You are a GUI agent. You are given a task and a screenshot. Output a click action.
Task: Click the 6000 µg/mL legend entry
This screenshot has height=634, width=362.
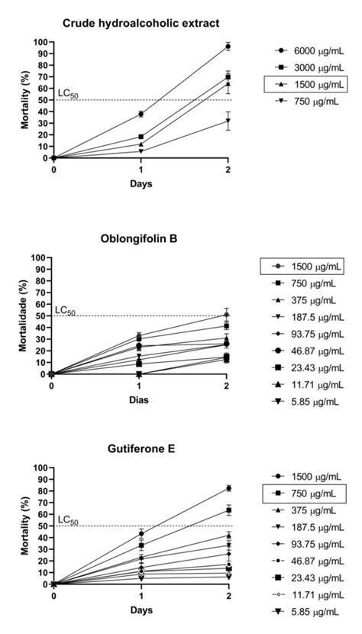tap(308, 51)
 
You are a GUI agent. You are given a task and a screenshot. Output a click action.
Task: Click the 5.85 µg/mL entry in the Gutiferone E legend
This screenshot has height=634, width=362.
tap(307, 611)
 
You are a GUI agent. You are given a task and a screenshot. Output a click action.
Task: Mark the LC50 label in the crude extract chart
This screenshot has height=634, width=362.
tap(66, 95)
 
